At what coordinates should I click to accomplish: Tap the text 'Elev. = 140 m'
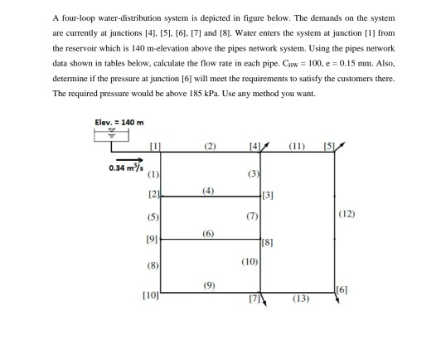click(x=120, y=124)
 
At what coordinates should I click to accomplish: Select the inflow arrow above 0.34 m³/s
click(x=126, y=160)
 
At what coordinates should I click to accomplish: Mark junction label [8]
click(x=265, y=243)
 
